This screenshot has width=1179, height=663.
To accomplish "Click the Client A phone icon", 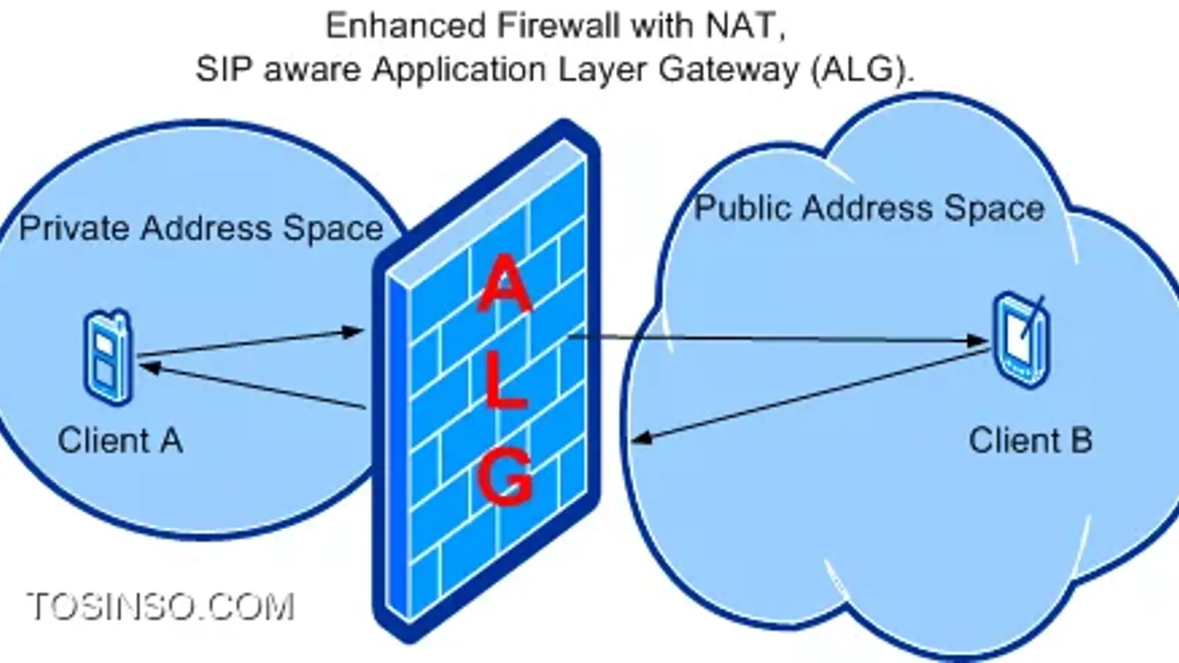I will coord(108,357).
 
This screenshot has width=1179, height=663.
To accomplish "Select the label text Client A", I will coord(120,441).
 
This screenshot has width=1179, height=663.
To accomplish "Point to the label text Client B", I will coord(1030,441).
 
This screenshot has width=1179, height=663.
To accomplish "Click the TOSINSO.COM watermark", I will coord(161,608).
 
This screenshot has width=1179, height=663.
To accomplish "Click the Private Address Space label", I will coord(201,228).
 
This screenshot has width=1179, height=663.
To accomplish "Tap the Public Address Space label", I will coord(870,208).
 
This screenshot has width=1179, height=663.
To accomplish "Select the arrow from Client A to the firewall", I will coord(251,343).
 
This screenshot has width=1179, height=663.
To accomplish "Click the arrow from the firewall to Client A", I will coord(251,385).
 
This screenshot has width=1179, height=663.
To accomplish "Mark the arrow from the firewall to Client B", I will coord(774,339).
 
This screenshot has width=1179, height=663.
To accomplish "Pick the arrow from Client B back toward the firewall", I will coord(811,396).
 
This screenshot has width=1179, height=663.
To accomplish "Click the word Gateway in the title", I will coord(728,70).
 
